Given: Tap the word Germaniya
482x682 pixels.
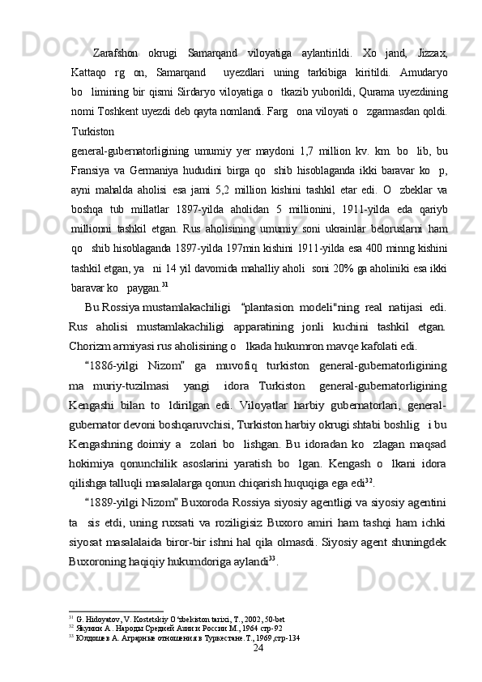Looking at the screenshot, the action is (x=167, y=166).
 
